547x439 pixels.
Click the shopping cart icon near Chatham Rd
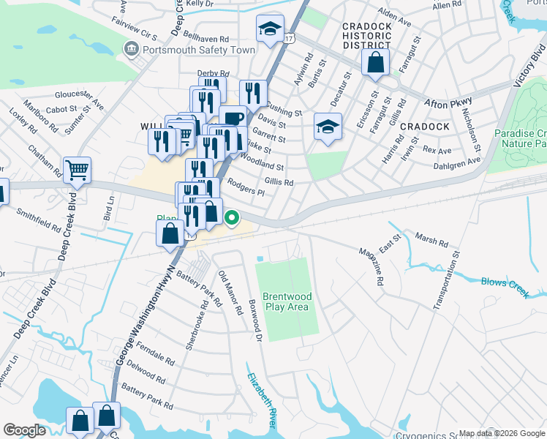[77, 170]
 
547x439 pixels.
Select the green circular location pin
[232, 217]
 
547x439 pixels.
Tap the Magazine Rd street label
[371, 266]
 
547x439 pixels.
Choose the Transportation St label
[447, 282]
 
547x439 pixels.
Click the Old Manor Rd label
[230, 293]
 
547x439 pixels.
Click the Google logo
[25, 430]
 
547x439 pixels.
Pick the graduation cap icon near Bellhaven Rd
[270, 29]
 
